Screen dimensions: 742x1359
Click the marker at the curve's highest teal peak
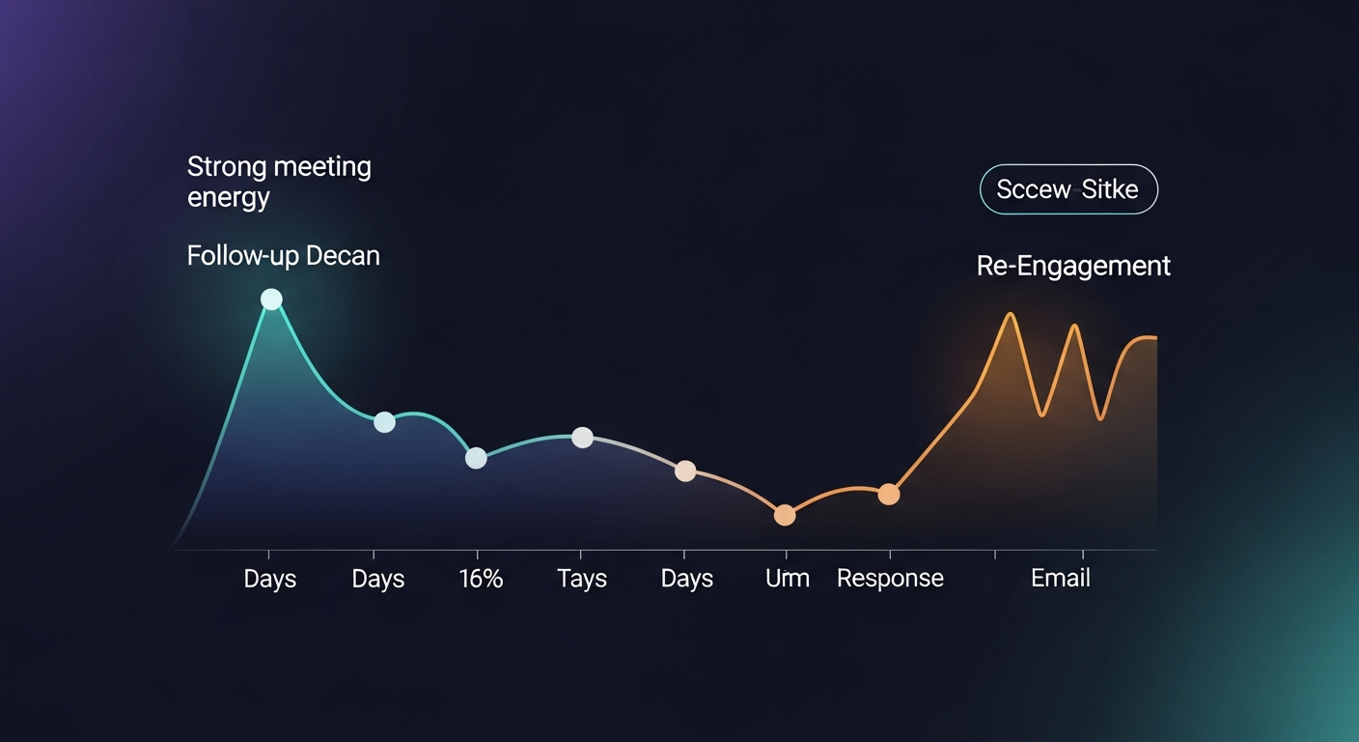[x=272, y=300]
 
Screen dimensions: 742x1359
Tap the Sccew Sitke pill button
[x=1068, y=189]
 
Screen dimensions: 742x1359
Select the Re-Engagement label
[x=1073, y=266]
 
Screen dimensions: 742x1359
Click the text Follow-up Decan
[x=283, y=256]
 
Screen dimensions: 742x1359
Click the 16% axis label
[x=481, y=579]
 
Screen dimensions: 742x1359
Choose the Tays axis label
[x=582, y=579]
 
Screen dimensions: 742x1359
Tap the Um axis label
[x=787, y=579]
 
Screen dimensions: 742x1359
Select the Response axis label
[x=890, y=579]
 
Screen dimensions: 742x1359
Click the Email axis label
[x=1060, y=579]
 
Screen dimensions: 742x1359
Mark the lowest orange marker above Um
[x=785, y=515]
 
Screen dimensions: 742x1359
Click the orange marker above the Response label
[x=889, y=495]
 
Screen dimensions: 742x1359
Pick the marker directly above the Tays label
[x=582, y=438]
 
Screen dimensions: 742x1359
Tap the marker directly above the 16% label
[x=476, y=458]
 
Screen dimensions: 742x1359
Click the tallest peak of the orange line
[x=1011, y=315]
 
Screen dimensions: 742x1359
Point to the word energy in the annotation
[x=228, y=198]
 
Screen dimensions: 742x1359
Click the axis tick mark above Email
[x=1083, y=555]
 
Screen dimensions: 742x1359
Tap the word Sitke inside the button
[x=1109, y=189]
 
